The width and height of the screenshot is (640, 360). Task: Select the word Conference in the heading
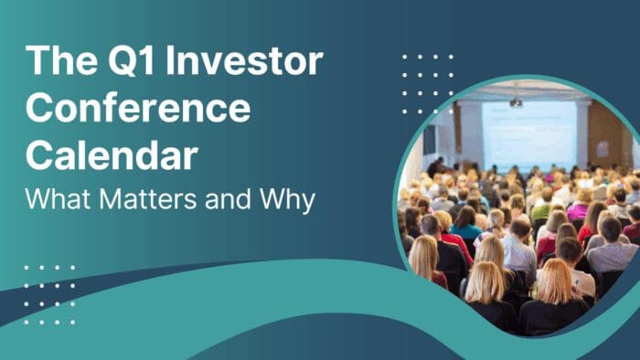[x=137, y=109]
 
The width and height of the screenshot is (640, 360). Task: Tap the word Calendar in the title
[x=111, y=155]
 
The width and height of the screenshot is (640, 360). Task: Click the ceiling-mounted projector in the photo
[x=516, y=101]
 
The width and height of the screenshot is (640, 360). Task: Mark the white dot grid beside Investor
[x=427, y=83]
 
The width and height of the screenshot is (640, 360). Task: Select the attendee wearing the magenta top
[x=578, y=209]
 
